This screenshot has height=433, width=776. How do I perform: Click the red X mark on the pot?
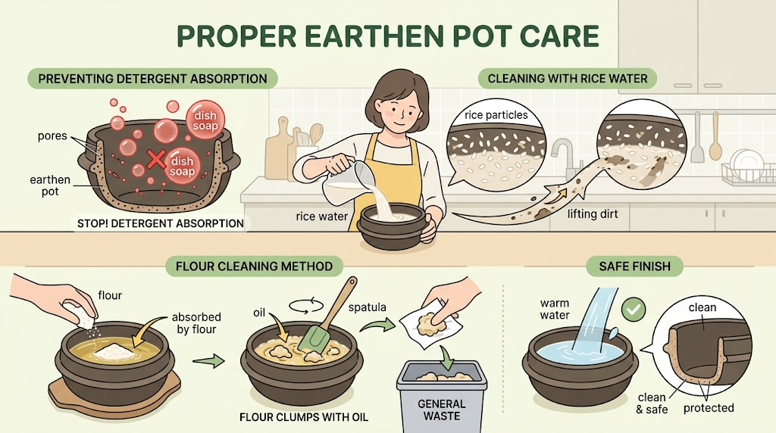point(156,159)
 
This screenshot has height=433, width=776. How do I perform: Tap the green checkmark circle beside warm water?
point(633,310)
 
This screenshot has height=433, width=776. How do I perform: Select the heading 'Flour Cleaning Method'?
point(254,266)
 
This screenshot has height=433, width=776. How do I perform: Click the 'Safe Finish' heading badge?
point(634,266)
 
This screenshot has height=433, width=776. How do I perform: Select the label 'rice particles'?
point(496,115)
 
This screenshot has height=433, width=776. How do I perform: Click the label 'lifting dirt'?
point(593,214)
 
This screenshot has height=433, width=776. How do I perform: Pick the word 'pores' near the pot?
point(52,136)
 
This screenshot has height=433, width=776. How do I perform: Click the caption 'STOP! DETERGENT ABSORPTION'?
point(161,223)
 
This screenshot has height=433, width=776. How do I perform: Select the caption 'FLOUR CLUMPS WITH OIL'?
point(304,417)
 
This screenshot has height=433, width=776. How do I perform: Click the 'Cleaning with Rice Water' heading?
point(567,79)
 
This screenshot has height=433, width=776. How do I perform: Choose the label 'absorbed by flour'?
point(196,323)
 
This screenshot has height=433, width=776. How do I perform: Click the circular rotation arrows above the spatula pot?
point(306,306)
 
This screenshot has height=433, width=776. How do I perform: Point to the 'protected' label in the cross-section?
point(709,408)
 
